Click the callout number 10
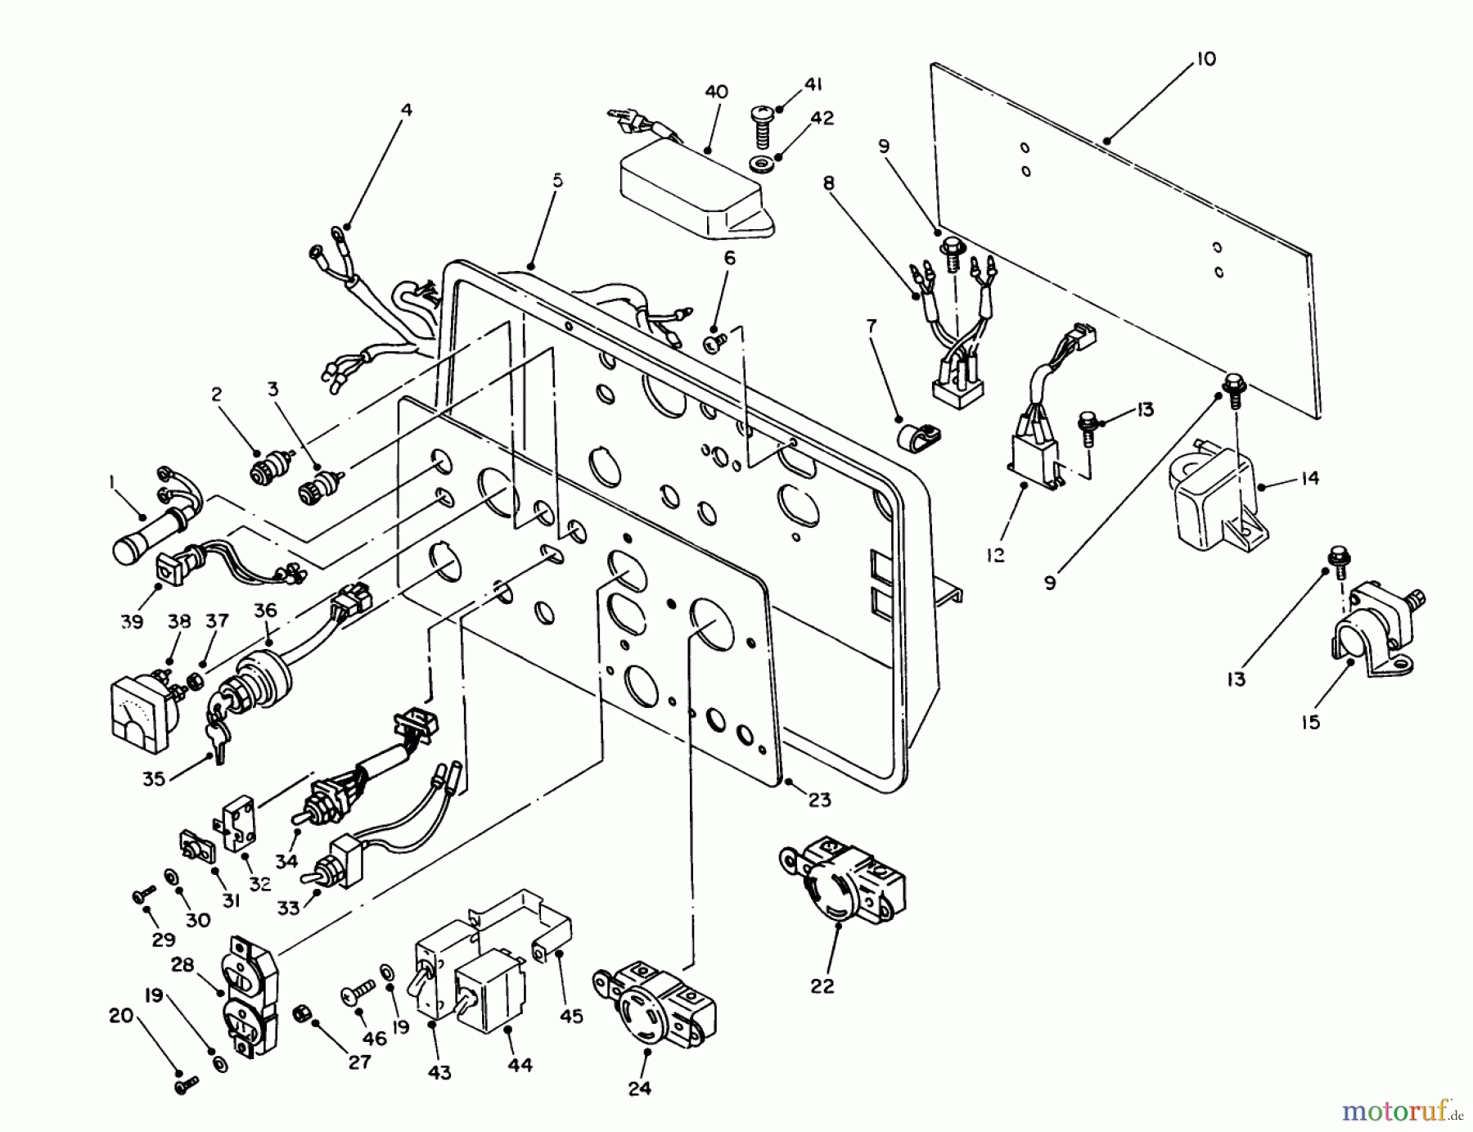[x=1206, y=59]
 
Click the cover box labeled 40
[x=696, y=192]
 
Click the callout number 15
[x=1311, y=723]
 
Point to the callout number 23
[x=819, y=800]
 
